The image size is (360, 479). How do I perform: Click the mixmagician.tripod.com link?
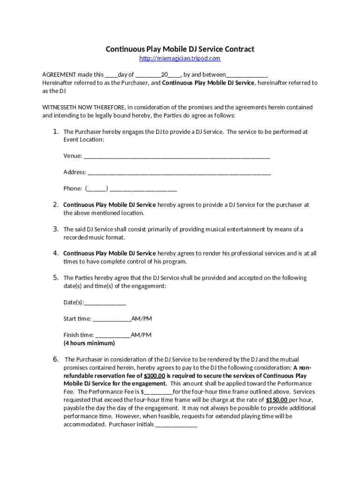tap(180, 58)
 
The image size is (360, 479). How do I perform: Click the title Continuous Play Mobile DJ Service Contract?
tap(180, 49)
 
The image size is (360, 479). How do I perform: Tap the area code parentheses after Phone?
tap(97, 189)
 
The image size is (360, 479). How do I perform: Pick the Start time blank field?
tap(112, 319)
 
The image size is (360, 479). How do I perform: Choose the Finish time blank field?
tap(113, 335)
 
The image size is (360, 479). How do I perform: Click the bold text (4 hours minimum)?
tap(89, 343)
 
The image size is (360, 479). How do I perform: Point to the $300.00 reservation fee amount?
tap(154, 376)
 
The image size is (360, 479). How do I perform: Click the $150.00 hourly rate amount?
tap(276, 400)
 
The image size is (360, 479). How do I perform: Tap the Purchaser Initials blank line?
tap(176, 425)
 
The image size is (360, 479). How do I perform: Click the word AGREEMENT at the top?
tap(59, 74)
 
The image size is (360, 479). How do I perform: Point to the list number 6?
tap(55, 359)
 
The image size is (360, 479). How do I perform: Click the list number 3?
tap(55, 229)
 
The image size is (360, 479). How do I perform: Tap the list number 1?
tap(55, 131)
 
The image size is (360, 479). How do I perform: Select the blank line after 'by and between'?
tap(247, 75)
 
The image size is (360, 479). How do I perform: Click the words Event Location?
tap(84, 140)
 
